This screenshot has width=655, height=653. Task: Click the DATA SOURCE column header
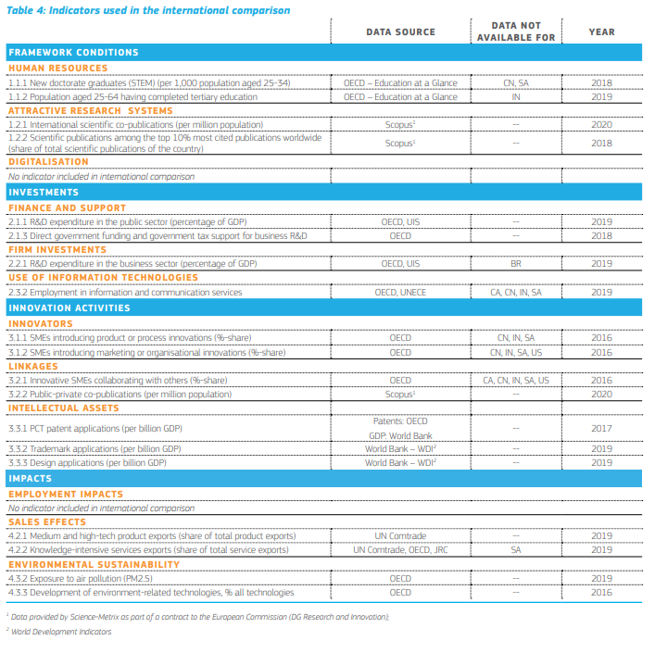(x=400, y=31)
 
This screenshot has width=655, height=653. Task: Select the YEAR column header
(x=601, y=31)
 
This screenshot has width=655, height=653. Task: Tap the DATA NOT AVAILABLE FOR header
(x=516, y=31)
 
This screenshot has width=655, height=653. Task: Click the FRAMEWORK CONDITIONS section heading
(x=73, y=53)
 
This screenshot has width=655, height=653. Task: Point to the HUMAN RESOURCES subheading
(x=57, y=68)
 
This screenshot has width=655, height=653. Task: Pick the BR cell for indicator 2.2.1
(x=516, y=263)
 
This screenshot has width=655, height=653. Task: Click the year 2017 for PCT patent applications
(x=601, y=428)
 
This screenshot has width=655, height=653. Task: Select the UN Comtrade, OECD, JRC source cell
(x=400, y=549)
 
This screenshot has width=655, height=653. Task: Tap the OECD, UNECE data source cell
(x=400, y=292)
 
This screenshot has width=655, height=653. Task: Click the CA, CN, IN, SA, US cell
(x=516, y=380)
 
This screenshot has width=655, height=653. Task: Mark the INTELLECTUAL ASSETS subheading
(x=63, y=408)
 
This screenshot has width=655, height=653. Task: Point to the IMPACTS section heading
(x=31, y=479)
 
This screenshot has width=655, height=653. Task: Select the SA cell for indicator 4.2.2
(x=516, y=549)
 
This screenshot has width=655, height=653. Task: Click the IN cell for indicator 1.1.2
(x=516, y=96)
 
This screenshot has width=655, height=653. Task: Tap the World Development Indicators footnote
(x=61, y=632)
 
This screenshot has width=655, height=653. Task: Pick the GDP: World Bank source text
(x=400, y=435)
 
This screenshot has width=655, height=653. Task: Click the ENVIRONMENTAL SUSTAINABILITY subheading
(x=94, y=564)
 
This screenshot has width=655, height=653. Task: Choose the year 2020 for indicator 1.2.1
(x=601, y=123)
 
